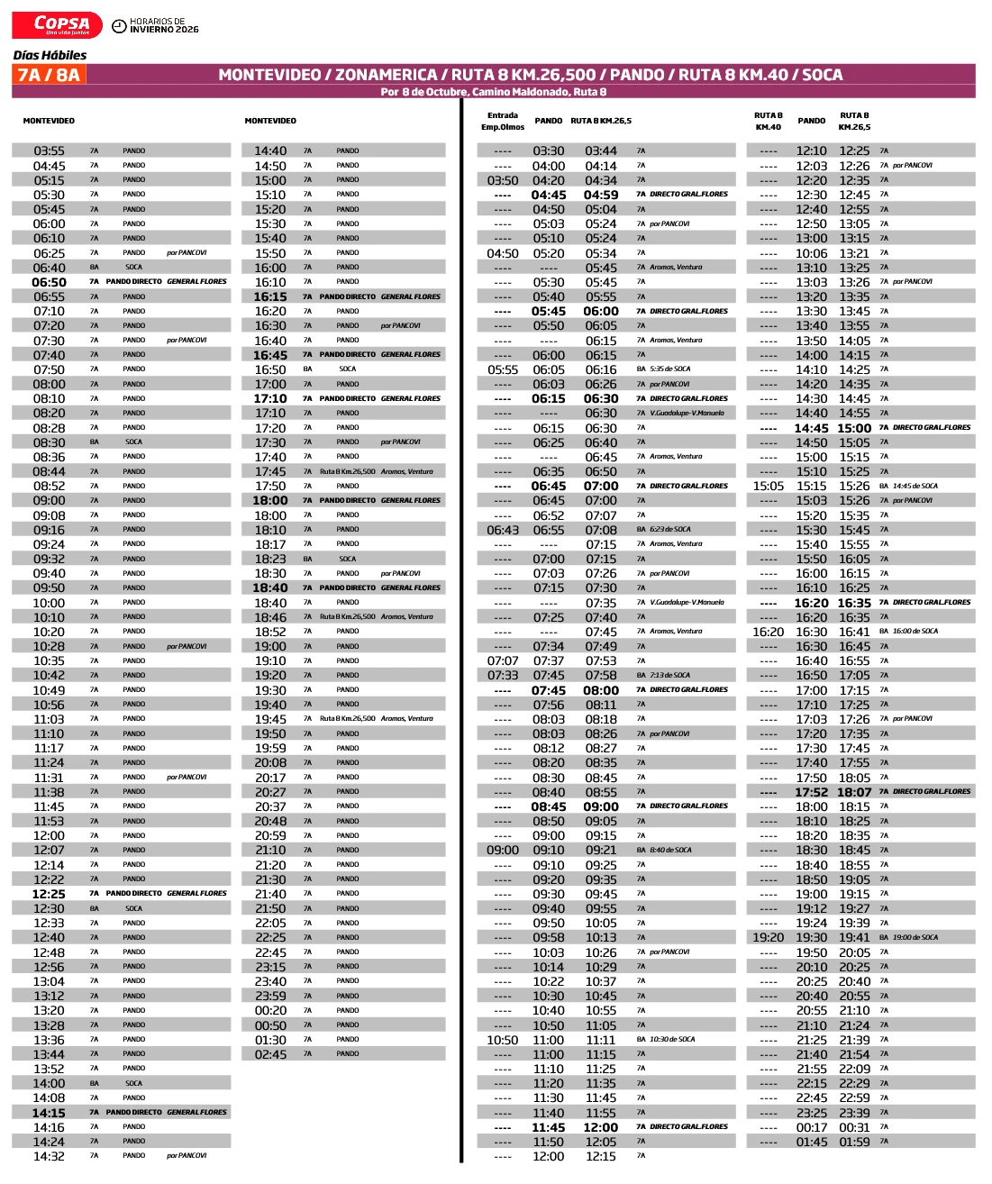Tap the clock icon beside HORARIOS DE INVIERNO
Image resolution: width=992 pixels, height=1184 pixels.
(119, 25)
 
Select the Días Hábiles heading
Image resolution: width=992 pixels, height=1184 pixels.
(50, 55)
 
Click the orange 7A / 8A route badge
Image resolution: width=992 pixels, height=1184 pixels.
(49, 75)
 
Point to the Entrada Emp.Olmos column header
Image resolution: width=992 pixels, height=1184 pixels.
(503, 121)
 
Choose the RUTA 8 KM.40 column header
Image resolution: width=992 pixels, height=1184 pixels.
(768, 121)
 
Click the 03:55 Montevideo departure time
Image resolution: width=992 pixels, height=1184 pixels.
(49, 151)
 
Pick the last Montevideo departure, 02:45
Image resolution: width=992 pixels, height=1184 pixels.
(270, 1054)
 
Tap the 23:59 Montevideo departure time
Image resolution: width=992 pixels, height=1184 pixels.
(270, 996)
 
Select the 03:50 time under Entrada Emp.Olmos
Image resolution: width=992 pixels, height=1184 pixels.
(503, 180)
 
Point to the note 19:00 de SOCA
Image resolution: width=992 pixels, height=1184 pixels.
(915, 937)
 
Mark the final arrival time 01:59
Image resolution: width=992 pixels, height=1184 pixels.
(854, 1142)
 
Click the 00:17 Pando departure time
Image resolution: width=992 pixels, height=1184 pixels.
(811, 1127)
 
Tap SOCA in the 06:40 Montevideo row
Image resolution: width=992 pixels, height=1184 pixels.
(134, 268)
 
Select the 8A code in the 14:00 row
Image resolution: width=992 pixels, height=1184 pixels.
(94, 1084)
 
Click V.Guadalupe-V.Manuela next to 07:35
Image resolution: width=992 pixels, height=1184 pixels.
(687, 603)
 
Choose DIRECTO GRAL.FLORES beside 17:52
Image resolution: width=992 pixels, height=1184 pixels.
(932, 792)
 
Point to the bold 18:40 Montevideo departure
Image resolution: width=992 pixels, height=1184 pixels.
(270, 587)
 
